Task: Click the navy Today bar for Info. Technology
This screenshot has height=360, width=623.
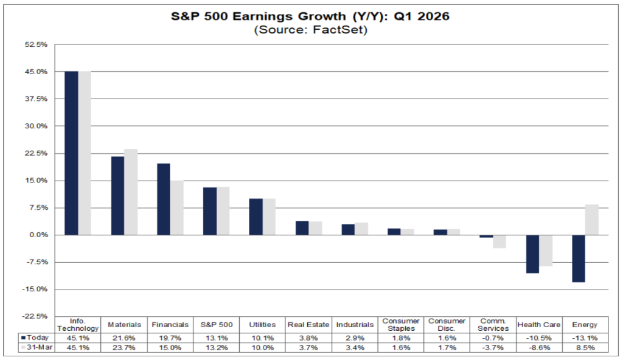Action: [x=71, y=153]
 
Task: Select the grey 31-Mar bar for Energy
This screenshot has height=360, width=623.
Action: [x=592, y=220]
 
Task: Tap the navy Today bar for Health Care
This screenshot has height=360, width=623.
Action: [x=533, y=254]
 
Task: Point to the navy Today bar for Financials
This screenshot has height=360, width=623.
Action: [x=164, y=199]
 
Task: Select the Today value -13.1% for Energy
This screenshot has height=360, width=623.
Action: [x=585, y=337]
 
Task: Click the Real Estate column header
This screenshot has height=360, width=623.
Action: [x=309, y=325]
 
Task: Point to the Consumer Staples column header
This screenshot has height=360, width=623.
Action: [x=401, y=325]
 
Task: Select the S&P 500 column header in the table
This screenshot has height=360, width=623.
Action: [x=217, y=325]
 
